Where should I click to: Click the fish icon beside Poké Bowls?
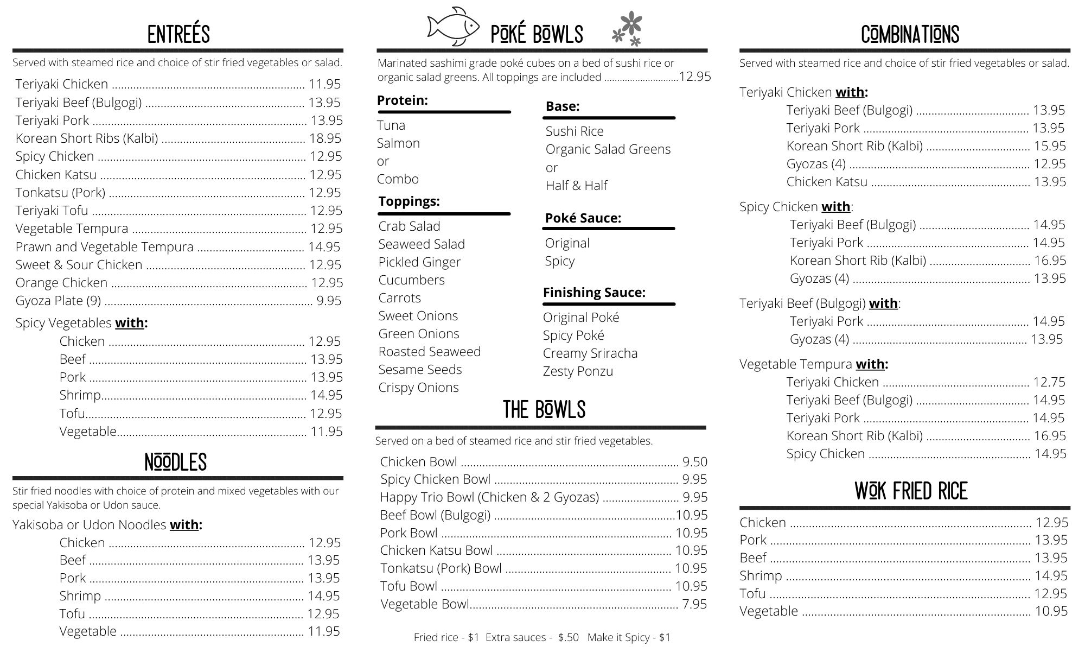pyautogui.click(x=453, y=27)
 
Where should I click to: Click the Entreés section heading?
pyautogui.click(x=178, y=34)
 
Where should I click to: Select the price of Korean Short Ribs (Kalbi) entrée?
pyautogui.click(x=325, y=138)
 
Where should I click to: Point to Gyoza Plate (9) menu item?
pyautogui.click(x=58, y=301)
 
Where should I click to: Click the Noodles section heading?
pyautogui.click(x=176, y=462)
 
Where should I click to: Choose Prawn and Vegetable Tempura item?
pyautogui.click(x=104, y=247)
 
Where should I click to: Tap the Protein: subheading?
pyautogui.click(x=402, y=100)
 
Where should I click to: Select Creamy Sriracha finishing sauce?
pyautogui.click(x=590, y=353)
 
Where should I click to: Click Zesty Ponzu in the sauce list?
pyautogui.click(x=578, y=371)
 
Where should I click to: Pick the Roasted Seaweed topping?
pyautogui.click(x=429, y=352)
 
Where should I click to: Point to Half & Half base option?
pyautogui.click(x=576, y=186)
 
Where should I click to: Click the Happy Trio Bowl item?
pyautogui.click(x=489, y=497)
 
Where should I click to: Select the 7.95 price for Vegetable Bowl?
pyautogui.click(x=694, y=604)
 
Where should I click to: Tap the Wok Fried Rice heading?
pyautogui.click(x=911, y=491)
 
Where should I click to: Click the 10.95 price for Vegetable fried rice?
pyautogui.click(x=1051, y=611)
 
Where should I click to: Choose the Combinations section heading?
pyautogui.click(x=910, y=34)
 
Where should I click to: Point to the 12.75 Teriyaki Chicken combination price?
pyautogui.click(x=1049, y=382)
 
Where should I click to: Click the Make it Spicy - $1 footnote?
pyautogui.click(x=629, y=637)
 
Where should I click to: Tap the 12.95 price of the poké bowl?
pyautogui.click(x=694, y=77)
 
